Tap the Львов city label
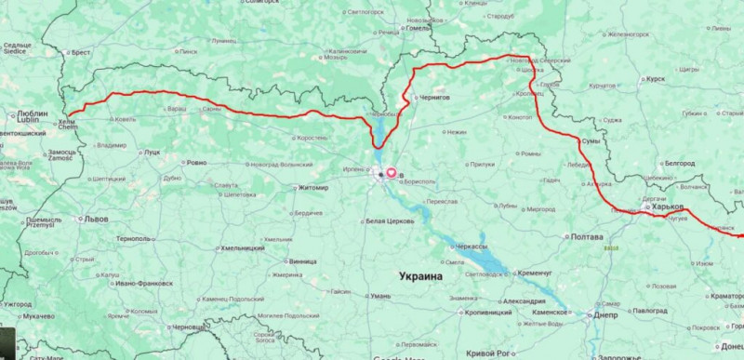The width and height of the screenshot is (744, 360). [96, 220]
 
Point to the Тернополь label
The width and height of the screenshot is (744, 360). [133, 239]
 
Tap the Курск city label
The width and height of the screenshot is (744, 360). [655, 80]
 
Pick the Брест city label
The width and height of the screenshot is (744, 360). [81, 53]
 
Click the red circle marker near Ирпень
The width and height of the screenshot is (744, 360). [391, 172]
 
